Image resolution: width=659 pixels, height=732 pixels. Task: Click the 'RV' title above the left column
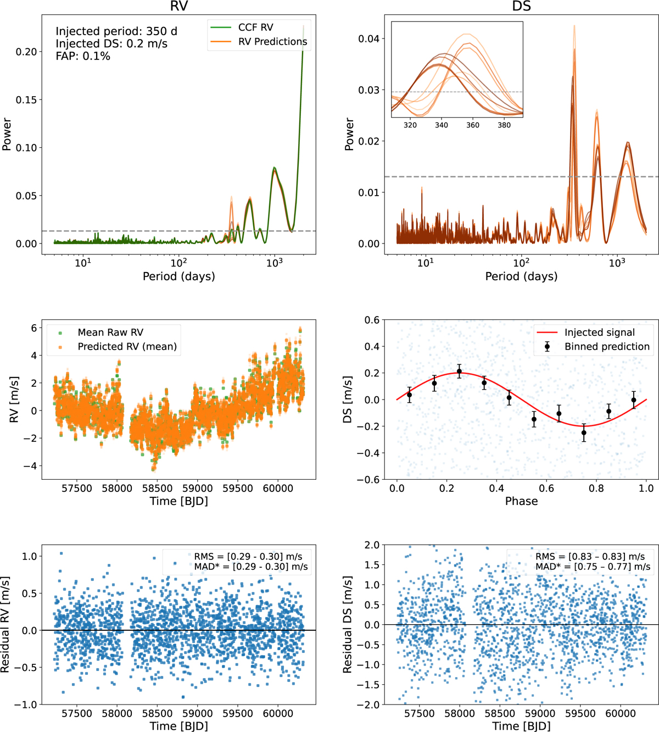(x=178, y=6)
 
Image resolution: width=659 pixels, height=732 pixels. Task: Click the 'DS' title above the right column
(x=521, y=6)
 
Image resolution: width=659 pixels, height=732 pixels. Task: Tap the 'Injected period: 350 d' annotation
(x=116, y=31)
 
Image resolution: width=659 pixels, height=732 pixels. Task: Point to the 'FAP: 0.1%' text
(x=83, y=56)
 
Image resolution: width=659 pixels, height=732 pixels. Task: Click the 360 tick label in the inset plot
(x=473, y=125)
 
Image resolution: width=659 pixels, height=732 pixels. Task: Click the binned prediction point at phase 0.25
(x=459, y=371)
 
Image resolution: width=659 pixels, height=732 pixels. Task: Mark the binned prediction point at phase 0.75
(x=584, y=433)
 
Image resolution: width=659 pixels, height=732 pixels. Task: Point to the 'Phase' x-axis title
(x=521, y=501)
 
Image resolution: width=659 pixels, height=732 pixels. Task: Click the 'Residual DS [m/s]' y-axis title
(x=348, y=624)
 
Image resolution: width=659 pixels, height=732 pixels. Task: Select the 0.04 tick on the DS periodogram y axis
(x=369, y=38)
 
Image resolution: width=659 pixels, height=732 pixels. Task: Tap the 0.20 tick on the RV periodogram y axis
(x=26, y=52)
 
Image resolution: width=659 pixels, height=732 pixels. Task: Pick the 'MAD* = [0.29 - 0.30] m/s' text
(x=251, y=567)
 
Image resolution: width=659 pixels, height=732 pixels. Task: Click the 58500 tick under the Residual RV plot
(x=157, y=713)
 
